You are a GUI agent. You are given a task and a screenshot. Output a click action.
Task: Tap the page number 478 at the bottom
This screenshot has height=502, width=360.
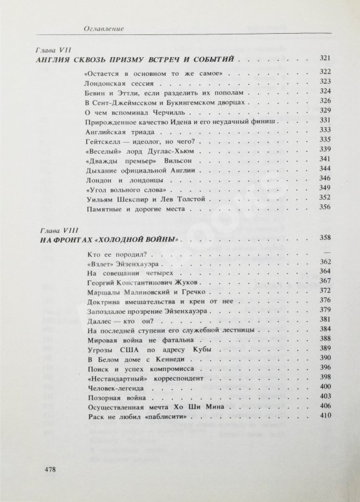click(x=49, y=469)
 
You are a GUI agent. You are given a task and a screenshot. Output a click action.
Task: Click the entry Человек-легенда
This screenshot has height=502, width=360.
click(x=113, y=387)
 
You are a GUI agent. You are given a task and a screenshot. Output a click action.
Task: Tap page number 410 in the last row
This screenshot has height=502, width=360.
click(x=326, y=415)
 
